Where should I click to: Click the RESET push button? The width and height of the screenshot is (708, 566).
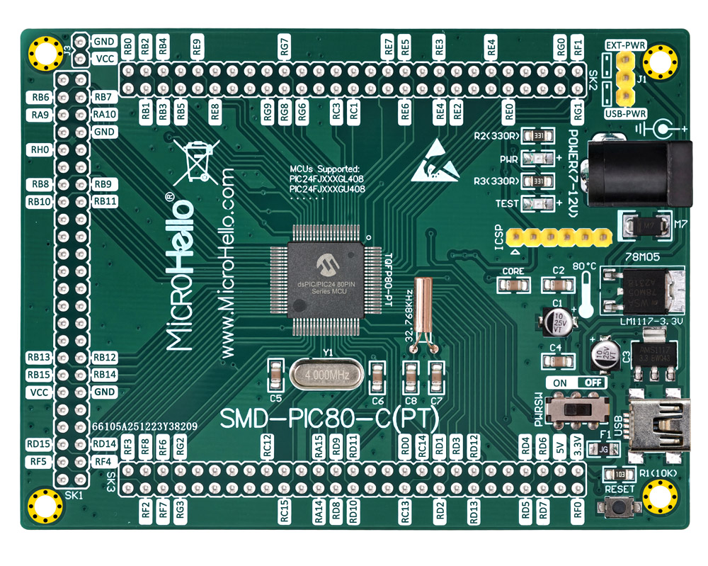pos(621,507)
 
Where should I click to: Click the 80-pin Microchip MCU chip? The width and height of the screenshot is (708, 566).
pos(326,281)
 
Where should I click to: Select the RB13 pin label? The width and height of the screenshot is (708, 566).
pos(40,358)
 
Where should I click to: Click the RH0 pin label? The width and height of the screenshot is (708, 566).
pos(40,150)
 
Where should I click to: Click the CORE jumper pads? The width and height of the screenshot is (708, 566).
pos(512,285)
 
